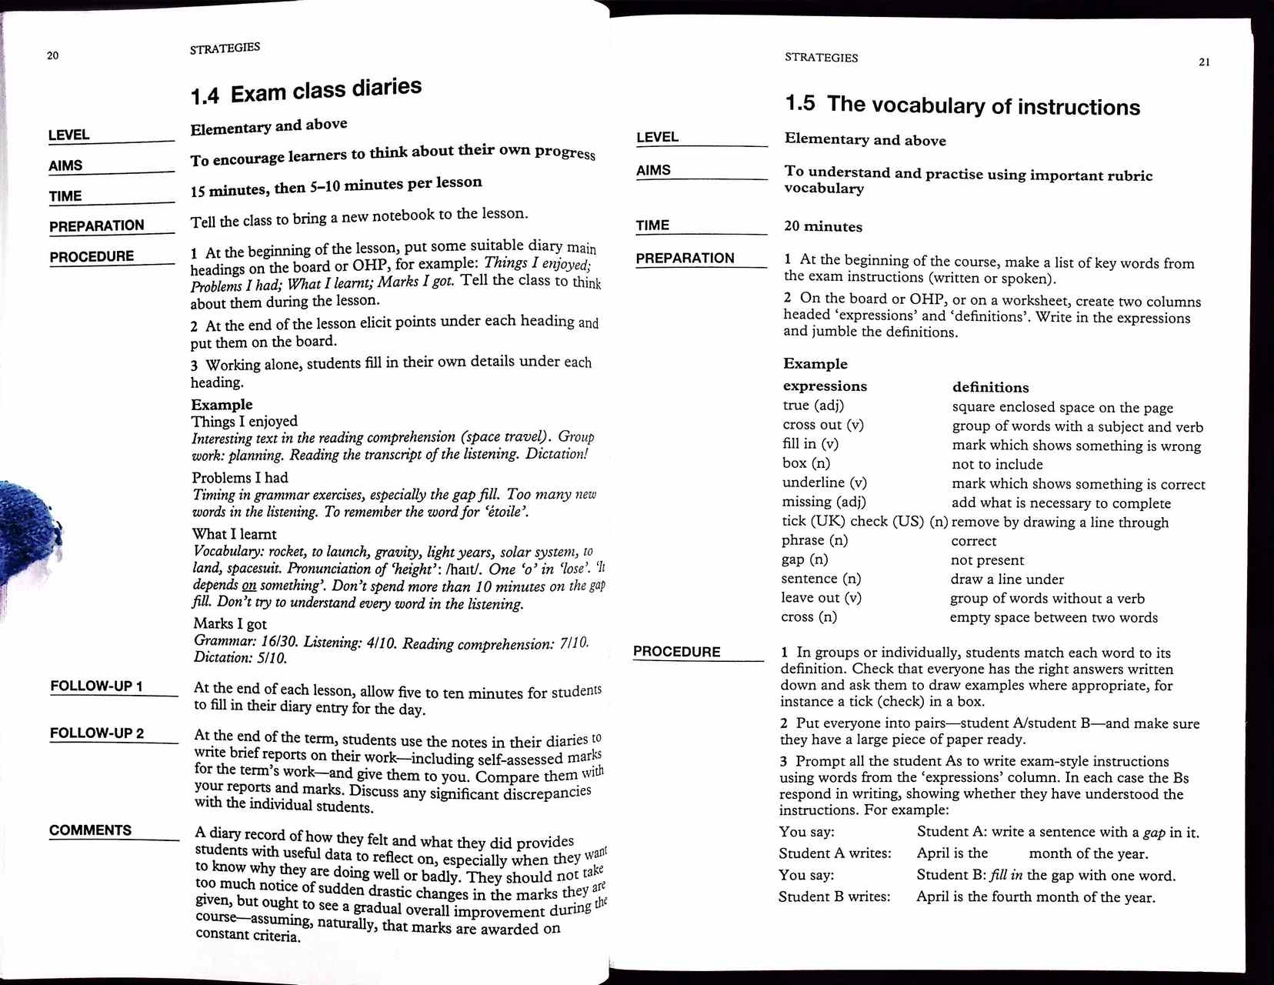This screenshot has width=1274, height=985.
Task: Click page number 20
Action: coord(52,55)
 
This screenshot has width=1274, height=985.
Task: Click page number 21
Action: coord(1204,62)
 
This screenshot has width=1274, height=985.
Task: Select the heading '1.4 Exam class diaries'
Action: coord(306,91)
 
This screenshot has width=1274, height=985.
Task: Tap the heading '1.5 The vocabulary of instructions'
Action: coord(962,105)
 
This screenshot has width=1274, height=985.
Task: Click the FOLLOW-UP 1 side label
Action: coord(96,686)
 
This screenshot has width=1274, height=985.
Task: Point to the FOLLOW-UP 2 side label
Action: coord(97,733)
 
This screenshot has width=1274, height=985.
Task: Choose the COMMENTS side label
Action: coord(90,830)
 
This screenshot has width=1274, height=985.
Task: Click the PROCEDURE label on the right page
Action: coord(677,652)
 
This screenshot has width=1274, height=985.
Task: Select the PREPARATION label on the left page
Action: coord(97,225)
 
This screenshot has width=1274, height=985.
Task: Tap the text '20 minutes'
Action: coord(823,226)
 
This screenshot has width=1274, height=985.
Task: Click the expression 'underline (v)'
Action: coord(825,482)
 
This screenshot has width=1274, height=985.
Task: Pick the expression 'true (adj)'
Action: coord(813,406)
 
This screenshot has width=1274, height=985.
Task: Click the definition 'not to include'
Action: coord(997,464)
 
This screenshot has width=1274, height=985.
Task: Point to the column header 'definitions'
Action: coord(990,387)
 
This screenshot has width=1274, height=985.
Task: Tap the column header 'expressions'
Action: coord(825,386)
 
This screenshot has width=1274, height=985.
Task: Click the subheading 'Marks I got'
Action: coord(230,623)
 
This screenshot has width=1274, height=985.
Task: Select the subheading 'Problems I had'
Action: coord(240,477)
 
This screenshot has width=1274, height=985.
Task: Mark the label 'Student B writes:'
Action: coord(834,897)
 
